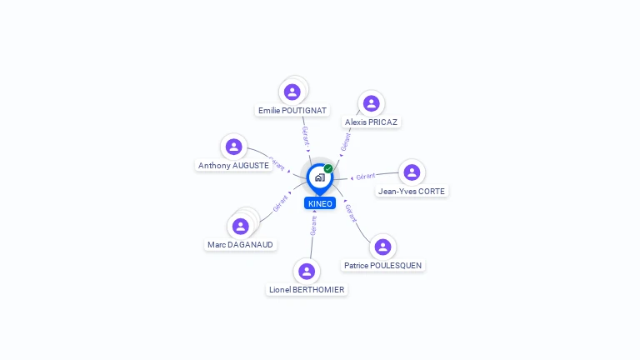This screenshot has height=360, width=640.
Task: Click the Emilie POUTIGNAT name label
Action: click(x=292, y=110)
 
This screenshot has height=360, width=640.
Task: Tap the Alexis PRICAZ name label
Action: click(x=372, y=122)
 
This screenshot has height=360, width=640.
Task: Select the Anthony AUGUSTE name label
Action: click(x=233, y=166)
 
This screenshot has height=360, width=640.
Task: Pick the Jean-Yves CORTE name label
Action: click(x=412, y=191)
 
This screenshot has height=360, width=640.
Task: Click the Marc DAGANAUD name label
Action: click(x=240, y=245)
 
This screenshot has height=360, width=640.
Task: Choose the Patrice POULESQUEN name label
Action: click(x=382, y=266)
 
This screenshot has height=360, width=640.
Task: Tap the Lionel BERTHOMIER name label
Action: click(x=307, y=290)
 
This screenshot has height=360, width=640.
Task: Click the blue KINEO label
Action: click(x=320, y=203)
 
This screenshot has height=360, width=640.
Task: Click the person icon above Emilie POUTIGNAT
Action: click(x=292, y=92)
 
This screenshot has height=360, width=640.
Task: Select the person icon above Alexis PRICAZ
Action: click(x=372, y=103)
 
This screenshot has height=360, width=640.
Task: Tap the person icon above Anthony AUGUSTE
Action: click(x=234, y=147)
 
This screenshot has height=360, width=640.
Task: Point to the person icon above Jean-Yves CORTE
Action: click(x=411, y=172)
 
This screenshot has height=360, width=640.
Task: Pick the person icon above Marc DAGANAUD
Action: click(x=241, y=226)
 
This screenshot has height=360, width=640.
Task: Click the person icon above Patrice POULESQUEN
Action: click(x=382, y=247)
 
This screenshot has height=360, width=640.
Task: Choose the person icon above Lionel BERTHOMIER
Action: click(x=307, y=271)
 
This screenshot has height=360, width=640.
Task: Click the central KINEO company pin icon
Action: click(x=319, y=177)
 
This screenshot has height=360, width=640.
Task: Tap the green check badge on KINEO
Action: click(x=328, y=168)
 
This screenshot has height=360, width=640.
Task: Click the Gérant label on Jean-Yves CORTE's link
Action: click(x=366, y=177)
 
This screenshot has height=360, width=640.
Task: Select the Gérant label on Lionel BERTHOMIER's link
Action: click(x=313, y=225)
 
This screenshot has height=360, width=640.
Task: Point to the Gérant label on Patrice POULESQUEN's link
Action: click(x=350, y=212)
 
